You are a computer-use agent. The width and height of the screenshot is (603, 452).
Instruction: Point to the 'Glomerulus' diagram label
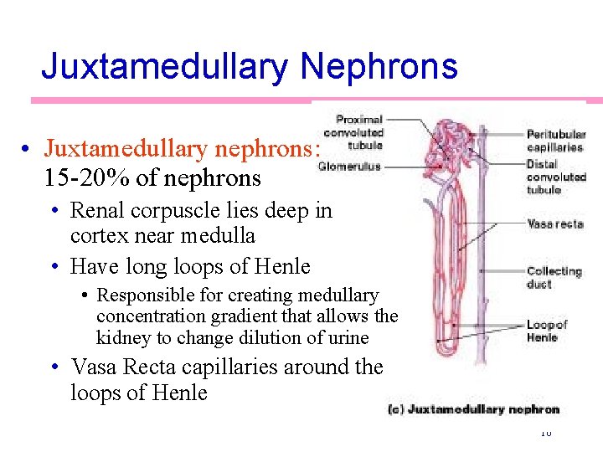(349, 167)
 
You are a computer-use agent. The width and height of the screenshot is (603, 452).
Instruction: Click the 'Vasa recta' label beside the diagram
(554, 223)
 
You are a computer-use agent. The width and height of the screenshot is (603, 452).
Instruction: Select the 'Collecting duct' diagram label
(553, 277)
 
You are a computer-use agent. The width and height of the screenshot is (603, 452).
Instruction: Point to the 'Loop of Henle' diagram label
(546, 331)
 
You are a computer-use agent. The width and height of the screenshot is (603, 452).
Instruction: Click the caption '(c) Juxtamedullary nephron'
(473, 409)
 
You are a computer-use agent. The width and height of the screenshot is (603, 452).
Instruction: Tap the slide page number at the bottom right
(546, 432)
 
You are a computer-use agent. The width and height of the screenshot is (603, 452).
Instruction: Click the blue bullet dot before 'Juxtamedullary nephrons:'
(28, 150)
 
